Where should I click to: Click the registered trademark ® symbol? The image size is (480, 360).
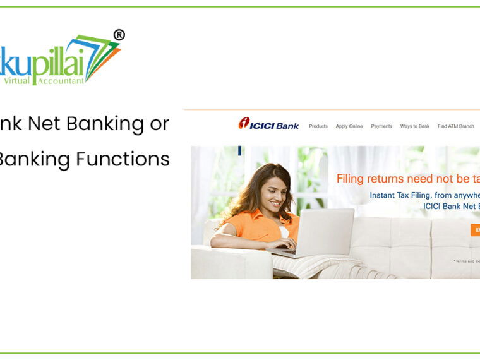(x=119, y=35)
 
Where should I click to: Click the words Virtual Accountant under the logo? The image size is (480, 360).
(x=44, y=81)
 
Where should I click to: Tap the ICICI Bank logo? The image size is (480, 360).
(x=268, y=124)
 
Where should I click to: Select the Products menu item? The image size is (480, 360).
(x=318, y=126)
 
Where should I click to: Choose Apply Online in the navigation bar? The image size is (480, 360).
(x=349, y=126)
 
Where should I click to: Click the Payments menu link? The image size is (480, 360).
(x=381, y=126)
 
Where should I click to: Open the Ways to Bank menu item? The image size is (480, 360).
(x=415, y=126)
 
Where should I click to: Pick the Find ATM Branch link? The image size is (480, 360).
(x=456, y=126)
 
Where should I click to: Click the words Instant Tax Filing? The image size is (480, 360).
(x=404, y=195)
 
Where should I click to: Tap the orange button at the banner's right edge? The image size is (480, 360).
(x=475, y=230)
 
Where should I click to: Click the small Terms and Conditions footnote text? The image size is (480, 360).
(x=467, y=261)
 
